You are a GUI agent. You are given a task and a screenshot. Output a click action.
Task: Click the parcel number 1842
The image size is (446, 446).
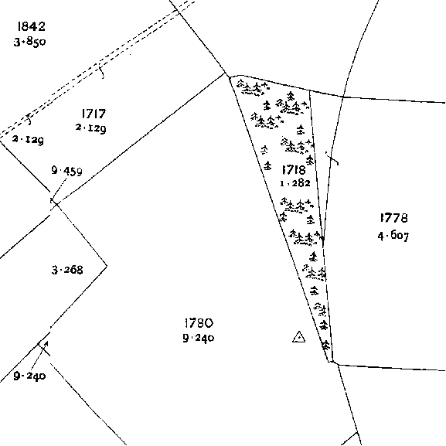(x=31, y=26)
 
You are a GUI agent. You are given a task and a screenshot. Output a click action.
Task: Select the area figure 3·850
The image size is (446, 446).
(x=29, y=42)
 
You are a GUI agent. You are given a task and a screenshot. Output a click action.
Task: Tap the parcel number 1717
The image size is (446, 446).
(x=94, y=114)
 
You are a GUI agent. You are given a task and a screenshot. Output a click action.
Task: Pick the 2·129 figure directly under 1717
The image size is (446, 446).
(x=91, y=128)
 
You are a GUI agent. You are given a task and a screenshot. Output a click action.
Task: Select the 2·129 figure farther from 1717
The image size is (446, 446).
(x=28, y=140)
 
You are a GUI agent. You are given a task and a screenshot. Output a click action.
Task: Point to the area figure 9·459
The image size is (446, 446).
(x=66, y=171)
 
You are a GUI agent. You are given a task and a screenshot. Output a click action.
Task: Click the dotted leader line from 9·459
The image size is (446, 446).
(x=60, y=189)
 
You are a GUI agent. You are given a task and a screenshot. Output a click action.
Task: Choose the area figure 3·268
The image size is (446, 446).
(x=67, y=270)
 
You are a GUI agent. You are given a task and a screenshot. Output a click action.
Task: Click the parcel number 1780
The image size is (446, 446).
(x=199, y=323)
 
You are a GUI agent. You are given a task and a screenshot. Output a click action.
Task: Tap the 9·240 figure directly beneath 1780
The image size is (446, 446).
(x=199, y=338)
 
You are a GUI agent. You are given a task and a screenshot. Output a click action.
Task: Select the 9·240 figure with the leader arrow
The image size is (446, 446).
(x=29, y=376)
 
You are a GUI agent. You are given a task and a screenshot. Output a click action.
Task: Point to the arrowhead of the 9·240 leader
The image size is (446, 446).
(x=46, y=343)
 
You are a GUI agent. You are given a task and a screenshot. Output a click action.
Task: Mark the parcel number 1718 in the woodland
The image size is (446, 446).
(x=294, y=170)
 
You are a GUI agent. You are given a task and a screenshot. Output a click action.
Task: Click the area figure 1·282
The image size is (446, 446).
(x=295, y=183)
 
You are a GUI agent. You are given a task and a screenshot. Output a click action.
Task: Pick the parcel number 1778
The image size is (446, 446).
(x=394, y=218)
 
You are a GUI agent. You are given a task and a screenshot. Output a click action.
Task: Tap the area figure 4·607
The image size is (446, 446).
(x=393, y=236)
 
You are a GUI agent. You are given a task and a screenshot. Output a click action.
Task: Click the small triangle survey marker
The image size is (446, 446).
(x=298, y=337)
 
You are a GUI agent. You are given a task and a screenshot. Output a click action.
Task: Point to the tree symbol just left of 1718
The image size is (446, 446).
(x=267, y=165)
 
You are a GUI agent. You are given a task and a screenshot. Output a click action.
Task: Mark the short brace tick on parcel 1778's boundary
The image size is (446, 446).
(x=332, y=158)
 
